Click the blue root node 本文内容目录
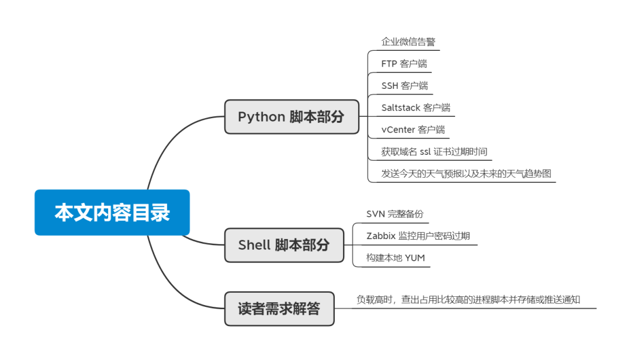112,212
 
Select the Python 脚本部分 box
292,116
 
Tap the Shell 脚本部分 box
284,245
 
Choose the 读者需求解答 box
279,309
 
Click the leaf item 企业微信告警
408,42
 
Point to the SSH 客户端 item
404,85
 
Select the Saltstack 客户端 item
415,108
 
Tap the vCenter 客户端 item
413,130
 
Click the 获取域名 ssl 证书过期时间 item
434,152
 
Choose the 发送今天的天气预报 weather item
466,174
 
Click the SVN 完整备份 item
394,214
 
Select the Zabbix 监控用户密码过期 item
418,236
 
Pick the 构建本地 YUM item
396,258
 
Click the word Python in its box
261,116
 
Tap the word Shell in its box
254,245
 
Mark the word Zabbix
381,236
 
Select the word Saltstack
401,108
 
